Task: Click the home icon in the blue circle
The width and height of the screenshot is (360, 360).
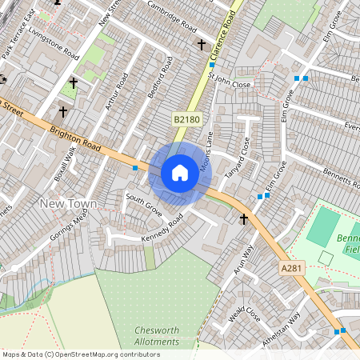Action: coord(180,172)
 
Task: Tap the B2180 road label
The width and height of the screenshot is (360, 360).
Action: coord(186,119)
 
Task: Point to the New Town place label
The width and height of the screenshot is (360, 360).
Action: coord(68,204)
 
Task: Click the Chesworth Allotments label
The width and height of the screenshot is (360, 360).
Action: coord(157,336)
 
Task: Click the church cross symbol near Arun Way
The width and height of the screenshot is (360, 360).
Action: coord(243,218)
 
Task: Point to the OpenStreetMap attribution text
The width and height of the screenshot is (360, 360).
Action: coord(70,354)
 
